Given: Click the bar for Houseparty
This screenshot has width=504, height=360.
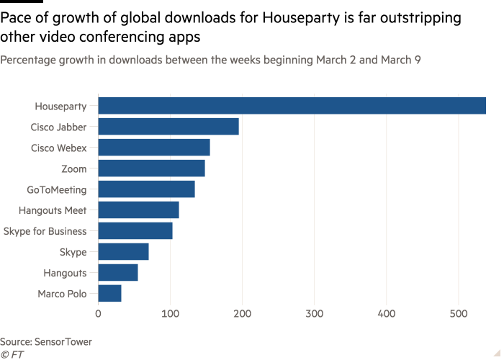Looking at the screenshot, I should click(292, 106).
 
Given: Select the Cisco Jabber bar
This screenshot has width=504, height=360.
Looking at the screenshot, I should click(168, 127).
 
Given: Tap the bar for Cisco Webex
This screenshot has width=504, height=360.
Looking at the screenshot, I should click(154, 148).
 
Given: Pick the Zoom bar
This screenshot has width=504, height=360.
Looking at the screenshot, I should click(151, 168).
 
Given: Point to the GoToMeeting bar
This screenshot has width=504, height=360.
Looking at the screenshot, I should click(146, 189).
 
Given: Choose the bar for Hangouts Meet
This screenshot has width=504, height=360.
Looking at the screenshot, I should click(138, 210).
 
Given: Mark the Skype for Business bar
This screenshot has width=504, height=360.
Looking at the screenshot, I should click(135, 231).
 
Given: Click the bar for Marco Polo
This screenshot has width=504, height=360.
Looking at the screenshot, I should click(109, 294).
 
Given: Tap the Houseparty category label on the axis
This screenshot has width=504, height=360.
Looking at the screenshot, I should click(62, 107).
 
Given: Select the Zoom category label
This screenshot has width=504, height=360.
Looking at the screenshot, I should click(78, 168).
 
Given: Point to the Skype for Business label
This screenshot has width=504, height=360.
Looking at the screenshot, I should click(46, 231).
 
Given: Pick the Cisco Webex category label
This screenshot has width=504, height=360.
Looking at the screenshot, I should click(59, 148).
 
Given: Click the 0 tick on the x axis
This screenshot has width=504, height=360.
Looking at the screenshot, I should click(99, 314).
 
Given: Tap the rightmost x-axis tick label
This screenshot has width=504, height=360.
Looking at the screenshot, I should click(459, 314).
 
